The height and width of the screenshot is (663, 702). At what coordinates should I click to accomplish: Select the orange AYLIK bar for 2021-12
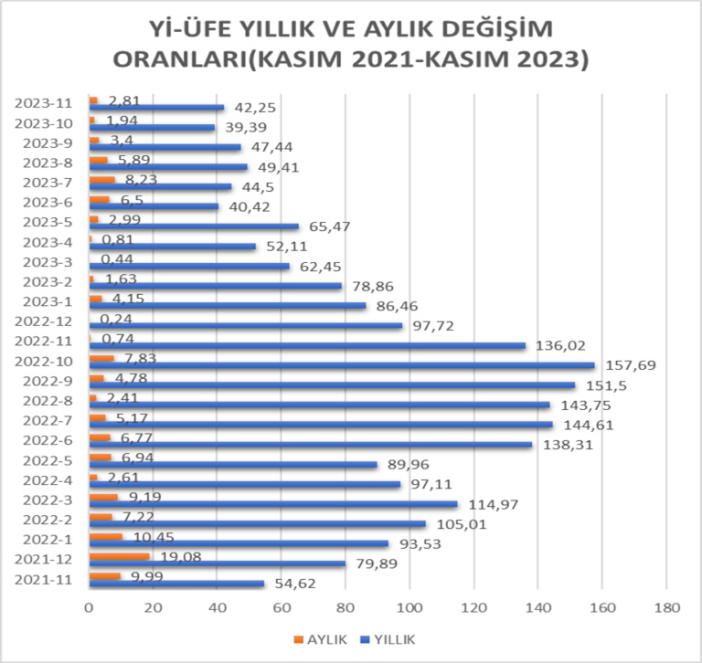click(x=120, y=556)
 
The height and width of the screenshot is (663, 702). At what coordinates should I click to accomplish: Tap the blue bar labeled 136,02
click(x=307, y=345)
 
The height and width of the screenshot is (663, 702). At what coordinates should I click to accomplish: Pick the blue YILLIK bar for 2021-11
click(x=176, y=584)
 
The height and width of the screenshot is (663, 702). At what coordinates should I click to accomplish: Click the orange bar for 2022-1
click(x=106, y=537)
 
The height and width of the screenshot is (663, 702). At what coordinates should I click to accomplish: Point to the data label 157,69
click(x=625, y=365)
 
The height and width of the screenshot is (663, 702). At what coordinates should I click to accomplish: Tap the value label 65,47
click(x=325, y=226)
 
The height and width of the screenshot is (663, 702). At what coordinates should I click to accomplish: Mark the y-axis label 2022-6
click(x=52, y=439)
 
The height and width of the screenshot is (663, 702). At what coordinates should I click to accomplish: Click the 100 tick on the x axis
click(x=410, y=606)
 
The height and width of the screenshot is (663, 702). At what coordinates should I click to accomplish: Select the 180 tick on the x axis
click(x=667, y=606)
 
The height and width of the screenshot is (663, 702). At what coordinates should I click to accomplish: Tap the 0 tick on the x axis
click(x=90, y=606)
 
